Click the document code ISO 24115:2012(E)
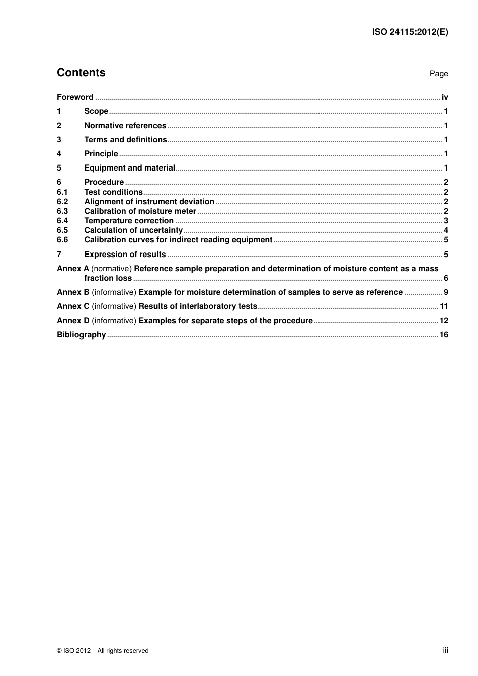(x=410, y=32)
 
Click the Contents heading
(x=81, y=73)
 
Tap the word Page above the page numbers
(x=438, y=74)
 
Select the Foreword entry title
(x=75, y=97)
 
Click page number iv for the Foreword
(x=445, y=97)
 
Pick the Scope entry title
(x=96, y=111)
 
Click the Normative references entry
(x=125, y=126)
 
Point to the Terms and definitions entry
(x=125, y=140)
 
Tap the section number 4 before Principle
(x=59, y=154)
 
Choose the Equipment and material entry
(x=129, y=168)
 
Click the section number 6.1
(x=62, y=192)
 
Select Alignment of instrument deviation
(x=149, y=202)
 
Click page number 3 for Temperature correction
(x=446, y=221)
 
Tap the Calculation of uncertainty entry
(x=133, y=230)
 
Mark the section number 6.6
(x=62, y=240)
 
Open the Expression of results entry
(x=125, y=255)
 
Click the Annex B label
(x=73, y=292)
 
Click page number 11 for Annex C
(x=444, y=306)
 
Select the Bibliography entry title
(x=81, y=335)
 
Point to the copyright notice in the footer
(x=103, y=651)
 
